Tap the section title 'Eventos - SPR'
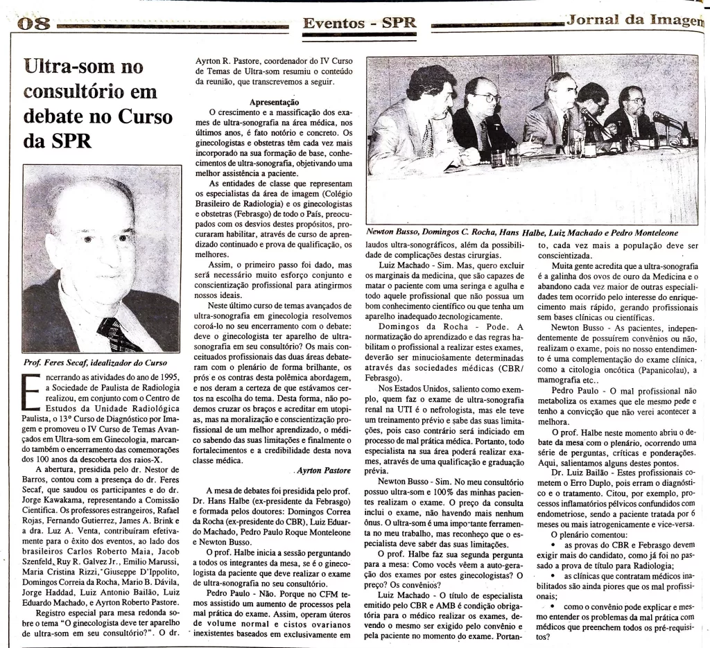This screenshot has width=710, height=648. (x=359, y=22)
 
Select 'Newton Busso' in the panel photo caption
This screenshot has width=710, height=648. (x=394, y=232)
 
